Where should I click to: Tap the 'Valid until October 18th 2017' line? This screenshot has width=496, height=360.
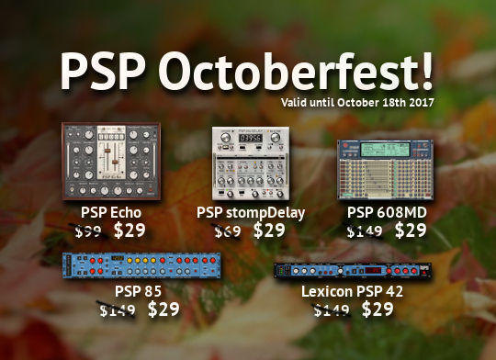click(x=357, y=100)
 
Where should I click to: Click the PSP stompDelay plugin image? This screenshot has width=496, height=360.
click(x=249, y=166)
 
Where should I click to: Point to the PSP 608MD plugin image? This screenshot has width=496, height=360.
click(x=387, y=169)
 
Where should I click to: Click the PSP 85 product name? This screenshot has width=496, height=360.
click(x=139, y=292)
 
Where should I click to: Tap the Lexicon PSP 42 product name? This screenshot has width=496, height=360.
click(x=353, y=292)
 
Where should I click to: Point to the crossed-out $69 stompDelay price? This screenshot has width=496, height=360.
click(x=230, y=231)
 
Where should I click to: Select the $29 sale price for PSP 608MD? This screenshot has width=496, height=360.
click(x=411, y=231)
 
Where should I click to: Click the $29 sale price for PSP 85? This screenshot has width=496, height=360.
click(x=163, y=309)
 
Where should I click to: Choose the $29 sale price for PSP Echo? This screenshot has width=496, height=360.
click(x=130, y=231)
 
